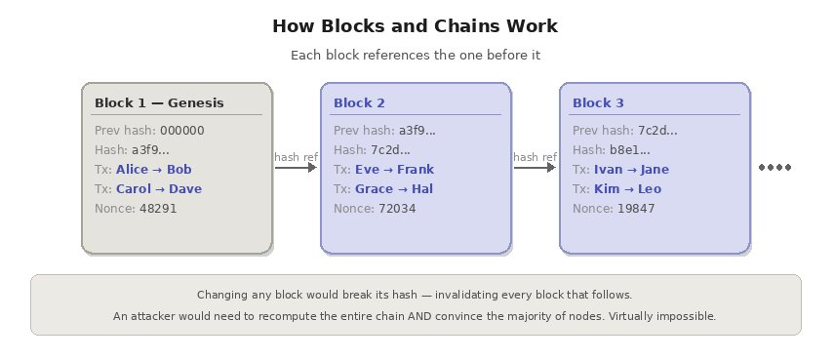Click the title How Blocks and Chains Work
[x=416, y=26]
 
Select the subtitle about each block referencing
[x=416, y=56]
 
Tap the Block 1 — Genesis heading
[x=159, y=102]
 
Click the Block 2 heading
[x=359, y=102]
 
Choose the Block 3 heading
[x=598, y=102]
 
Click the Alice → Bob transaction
[x=154, y=170]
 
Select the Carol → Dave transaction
[x=159, y=189]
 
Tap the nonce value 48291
[x=158, y=209]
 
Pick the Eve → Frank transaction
[x=395, y=170]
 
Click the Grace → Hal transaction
[x=394, y=189]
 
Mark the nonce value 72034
[x=397, y=209]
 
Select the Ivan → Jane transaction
[x=631, y=170]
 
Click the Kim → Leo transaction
[x=627, y=189]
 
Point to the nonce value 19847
[x=636, y=209]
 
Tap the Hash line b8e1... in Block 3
[x=612, y=150]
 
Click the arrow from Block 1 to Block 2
[x=296, y=168]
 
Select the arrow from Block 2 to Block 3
[x=535, y=168]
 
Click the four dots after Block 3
[x=775, y=168]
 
